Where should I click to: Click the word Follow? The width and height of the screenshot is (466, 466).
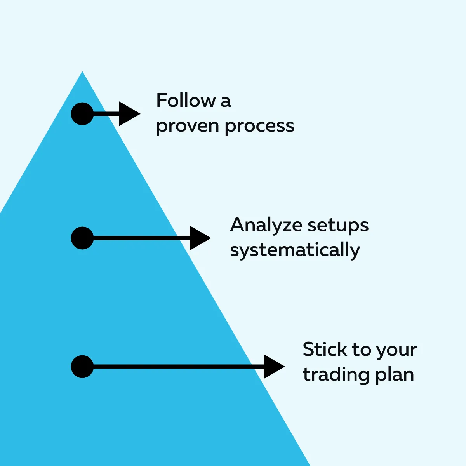pos(186,100)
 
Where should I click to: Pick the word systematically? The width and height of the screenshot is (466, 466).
pos(295,250)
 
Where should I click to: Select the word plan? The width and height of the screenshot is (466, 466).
pos(395,375)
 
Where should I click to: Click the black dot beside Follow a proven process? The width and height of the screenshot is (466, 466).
pos(82,114)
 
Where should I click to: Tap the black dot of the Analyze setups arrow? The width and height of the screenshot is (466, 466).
pos(82,238)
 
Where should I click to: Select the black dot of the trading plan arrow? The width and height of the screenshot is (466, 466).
pos(82,367)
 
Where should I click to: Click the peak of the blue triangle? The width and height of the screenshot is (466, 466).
pos(82,71)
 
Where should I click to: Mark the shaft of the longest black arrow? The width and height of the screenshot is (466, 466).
pos(179,367)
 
